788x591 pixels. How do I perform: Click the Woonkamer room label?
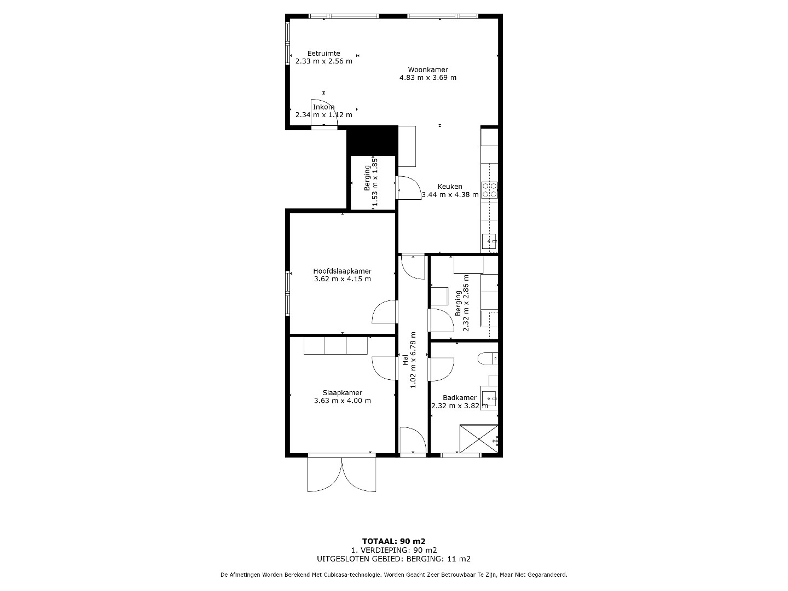(x=428, y=69)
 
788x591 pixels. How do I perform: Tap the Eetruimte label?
(x=323, y=54)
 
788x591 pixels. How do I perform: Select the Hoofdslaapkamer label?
(x=342, y=271)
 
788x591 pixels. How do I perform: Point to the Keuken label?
(x=450, y=187)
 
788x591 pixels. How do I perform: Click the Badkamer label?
(x=460, y=398)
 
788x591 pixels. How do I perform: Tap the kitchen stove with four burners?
(x=489, y=190)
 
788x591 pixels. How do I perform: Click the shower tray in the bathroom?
(x=479, y=439)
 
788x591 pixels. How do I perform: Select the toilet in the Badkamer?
(x=488, y=358)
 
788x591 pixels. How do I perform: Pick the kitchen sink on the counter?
(x=489, y=241)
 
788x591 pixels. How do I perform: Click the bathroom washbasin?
(x=489, y=398)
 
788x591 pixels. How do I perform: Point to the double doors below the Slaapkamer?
(x=342, y=474)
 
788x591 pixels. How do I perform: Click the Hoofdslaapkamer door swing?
(x=384, y=312)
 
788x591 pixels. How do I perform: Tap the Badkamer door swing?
(x=441, y=369)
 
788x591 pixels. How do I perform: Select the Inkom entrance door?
(x=324, y=113)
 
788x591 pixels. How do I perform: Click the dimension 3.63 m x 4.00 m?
(x=342, y=401)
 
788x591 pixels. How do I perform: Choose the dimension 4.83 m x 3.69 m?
(x=428, y=78)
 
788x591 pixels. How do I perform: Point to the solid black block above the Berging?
(x=372, y=141)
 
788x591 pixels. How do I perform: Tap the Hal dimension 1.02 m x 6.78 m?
(x=413, y=360)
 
